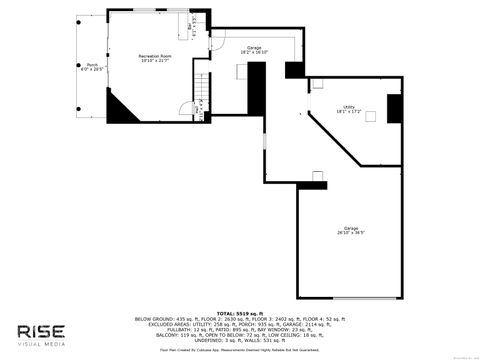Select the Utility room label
[x=349, y=109]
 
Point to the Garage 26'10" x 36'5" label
[x=351, y=230]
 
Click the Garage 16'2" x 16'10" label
[x=254, y=50]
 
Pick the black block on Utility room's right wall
[x=393, y=107]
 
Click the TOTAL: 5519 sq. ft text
[x=240, y=312]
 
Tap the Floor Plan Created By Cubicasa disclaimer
[x=240, y=351]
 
